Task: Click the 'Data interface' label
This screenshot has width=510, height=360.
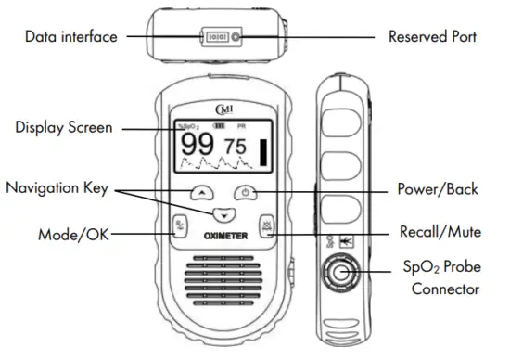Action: (71, 37)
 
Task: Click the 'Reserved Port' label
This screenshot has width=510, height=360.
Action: (432, 37)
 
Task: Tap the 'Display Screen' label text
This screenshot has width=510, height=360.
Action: (63, 128)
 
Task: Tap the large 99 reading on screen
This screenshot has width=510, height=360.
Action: (197, 146)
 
